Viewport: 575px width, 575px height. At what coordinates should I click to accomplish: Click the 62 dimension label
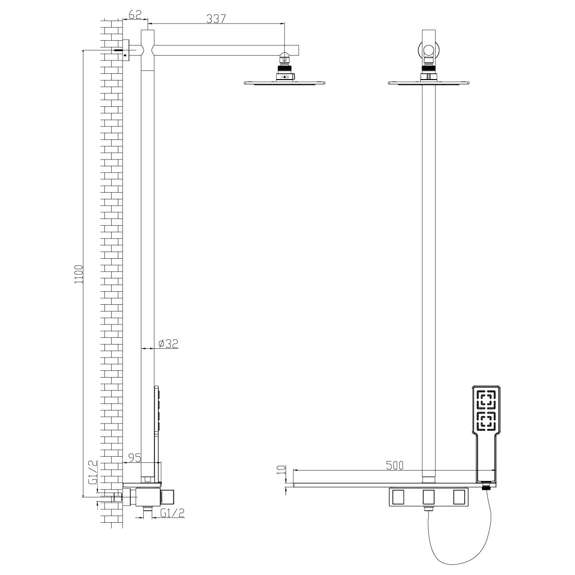click(x=135, y=15)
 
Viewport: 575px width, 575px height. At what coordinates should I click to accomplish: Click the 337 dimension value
click(x=216, y=19)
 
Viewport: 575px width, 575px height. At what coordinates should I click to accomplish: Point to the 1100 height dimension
click(x=79, y=274)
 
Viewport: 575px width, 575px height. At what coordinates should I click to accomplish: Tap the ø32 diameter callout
click(x=168, y=344)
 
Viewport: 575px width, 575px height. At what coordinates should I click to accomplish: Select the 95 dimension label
click(x=134, y=458)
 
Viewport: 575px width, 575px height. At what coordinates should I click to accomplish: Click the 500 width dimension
click(x=394, y=465)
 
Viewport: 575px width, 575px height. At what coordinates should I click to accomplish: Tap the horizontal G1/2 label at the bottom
click(x=172, y=513)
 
